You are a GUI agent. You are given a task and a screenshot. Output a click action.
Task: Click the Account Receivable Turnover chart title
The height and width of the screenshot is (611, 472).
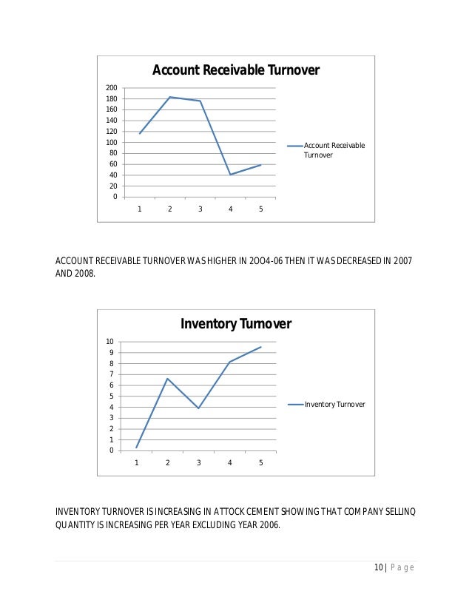tap(235, 70)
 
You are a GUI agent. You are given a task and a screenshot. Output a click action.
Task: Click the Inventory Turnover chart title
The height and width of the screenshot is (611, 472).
tap(236, 324)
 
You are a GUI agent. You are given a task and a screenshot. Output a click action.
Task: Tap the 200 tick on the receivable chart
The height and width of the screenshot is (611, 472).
tap(111, 88)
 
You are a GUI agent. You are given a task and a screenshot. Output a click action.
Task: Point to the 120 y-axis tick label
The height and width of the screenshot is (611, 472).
tap(111, 132)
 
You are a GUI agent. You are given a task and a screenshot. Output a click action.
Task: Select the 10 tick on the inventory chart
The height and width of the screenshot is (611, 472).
tap(109, 342)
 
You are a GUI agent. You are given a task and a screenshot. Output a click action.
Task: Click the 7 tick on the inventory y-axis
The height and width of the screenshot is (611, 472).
tap(110, 374)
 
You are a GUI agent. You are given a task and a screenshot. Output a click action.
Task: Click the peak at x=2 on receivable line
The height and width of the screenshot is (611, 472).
tap(169, 97)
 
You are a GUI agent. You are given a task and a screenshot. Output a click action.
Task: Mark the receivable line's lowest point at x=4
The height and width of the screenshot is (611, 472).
tap(230, 175)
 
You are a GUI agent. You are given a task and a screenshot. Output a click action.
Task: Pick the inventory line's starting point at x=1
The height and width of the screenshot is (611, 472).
tap(137, 448)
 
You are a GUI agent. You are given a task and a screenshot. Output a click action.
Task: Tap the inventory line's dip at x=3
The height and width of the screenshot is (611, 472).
tap(198, 408)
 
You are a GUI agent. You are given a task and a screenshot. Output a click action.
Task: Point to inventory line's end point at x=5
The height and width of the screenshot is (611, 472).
tap(260, 347)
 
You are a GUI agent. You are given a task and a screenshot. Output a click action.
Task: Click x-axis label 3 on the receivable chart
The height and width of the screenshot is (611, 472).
tap(200, 209)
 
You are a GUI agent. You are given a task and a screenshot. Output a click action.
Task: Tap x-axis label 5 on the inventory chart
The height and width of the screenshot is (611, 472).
tap(260, 463)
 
